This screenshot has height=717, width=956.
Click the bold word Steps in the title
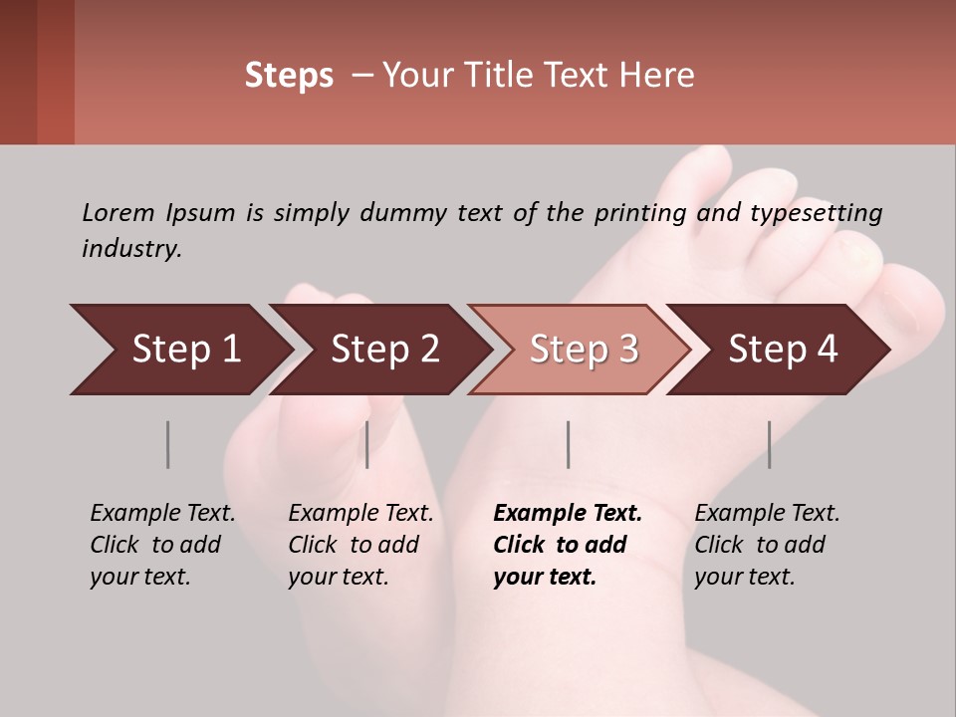point(289,75)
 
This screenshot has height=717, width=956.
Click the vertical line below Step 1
point(167,444)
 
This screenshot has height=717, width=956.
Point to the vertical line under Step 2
point(367,444)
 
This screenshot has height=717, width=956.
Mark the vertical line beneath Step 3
point(568,444)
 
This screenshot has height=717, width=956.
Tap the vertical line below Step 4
point(769,444)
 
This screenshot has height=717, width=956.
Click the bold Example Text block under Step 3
point(568,545)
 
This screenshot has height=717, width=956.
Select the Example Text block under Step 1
point(162,545)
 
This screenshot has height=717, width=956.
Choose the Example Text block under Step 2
point(360,545)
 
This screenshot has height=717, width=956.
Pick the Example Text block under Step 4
point(767,545)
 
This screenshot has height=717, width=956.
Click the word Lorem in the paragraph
point(119,212)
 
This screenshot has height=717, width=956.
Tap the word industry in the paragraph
point(131,249)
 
